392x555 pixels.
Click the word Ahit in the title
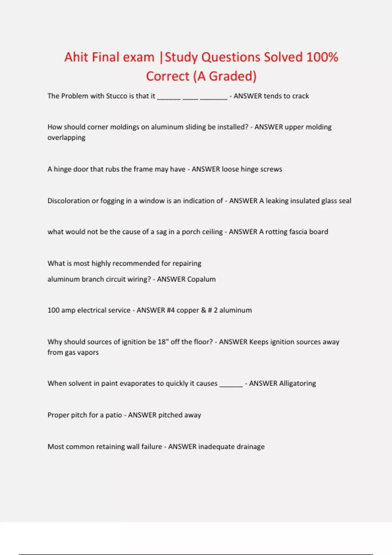[x=76, y=57]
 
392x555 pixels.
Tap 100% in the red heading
[x=322, y=57]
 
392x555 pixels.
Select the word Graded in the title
[x=232, y=76]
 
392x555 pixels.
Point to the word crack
[x=301, y=96]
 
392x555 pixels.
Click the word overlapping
[x=66, y=137]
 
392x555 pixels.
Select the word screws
[x=271, y=169]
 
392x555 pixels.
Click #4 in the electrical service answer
[x=171, y=310]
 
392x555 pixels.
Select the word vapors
[x=88, y=352]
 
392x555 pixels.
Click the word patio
[x=114, y=415]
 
